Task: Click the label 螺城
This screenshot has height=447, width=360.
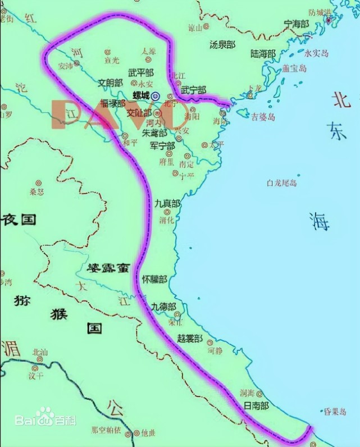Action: (141, 95)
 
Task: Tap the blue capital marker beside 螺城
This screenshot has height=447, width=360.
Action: (156, 96)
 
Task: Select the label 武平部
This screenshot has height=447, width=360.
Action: (141, 72)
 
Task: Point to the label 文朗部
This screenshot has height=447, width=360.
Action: (110, 83)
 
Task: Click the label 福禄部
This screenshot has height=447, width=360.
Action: (112, 103)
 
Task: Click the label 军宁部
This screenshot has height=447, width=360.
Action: (162, 145)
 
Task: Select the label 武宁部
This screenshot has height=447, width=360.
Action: (193, 90)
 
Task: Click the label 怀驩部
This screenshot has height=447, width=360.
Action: (154, 279)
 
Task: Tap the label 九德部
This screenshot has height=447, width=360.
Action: (163, 306)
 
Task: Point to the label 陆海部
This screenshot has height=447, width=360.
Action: (263, 54)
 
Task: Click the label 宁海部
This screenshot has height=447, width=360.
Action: (297, 24)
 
